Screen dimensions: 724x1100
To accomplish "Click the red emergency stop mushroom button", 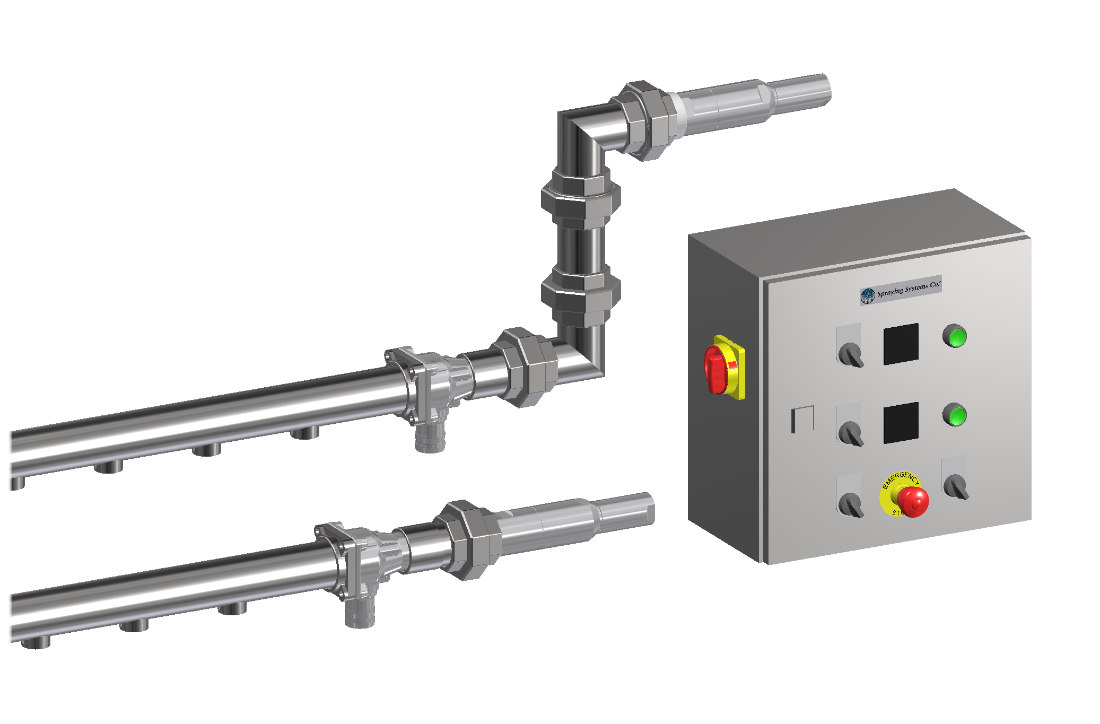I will pyautogui.click(x=913, y=501).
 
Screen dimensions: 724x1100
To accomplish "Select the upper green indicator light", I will pyautogui.click(x=955, y=337).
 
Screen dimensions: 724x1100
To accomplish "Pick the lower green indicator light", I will pyautogui.click(x=955, y=415).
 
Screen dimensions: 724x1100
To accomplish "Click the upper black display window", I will pyautogui.click(x=901, y=344).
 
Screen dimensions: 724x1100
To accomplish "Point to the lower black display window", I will pyautogui.click(x=901, y=423).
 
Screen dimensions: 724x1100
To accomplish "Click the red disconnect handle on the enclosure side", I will pyautogui.click(x=717, y=369).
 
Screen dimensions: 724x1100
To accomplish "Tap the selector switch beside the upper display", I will pyautogui.click(x=851, y=354).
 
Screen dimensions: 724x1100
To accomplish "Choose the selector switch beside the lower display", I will pyautogui.click(x=851, y=432).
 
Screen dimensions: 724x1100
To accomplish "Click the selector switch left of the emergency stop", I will pyautogui.click(x=851, y=504).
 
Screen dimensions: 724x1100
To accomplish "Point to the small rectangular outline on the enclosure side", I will pyautogui.click(x=802, y=419).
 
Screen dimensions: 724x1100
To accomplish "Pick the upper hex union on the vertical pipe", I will pyautogui.click(x=580, y=198).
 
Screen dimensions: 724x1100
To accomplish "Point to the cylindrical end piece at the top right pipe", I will pyautogui.click(x=801, y=90).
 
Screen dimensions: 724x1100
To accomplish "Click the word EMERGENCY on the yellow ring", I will pyautogui.click(x=900, y=478).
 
